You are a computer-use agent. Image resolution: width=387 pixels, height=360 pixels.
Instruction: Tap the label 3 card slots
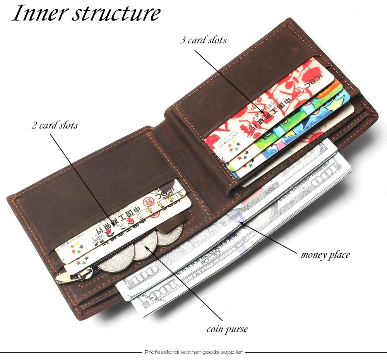click(x=203, y=40)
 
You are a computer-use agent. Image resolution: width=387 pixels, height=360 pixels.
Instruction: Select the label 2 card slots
click(x=55, y=125)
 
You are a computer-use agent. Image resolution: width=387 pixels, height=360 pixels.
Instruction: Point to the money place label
click(x=325, y=254)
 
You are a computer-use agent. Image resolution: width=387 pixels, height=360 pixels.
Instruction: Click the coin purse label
click(x=227, y=329)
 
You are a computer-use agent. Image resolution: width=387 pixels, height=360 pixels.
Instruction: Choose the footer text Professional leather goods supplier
click(x=193, y=352)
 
